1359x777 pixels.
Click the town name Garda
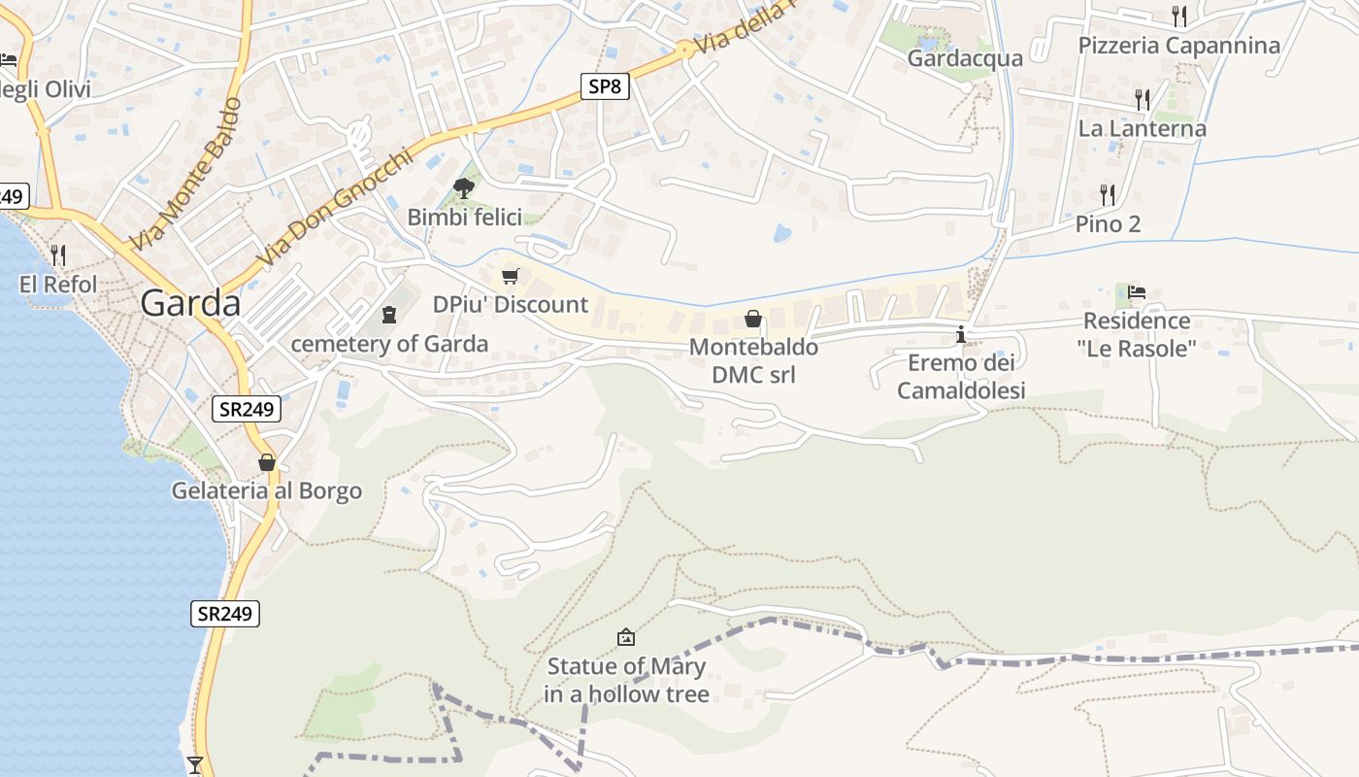pyautogui.click(x=190, y=303)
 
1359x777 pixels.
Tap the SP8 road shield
pyautogui.click(x=604, y=86)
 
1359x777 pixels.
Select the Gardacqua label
pyautogui.click(x=965, y=58)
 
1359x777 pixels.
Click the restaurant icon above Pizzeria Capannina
pyautogui.click(x=1179, y=16)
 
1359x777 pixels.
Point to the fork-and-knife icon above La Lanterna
pyautogui.click(x=1143, y=99)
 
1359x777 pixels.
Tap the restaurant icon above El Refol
pyautogui.click(x=58, y=255)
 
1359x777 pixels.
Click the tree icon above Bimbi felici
pyautogui.click(x=464, y=187)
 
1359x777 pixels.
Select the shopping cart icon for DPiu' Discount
pyautogui.click(x=511, y=276)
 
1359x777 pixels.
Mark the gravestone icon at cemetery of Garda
pyautogui.click(x=389, y=315)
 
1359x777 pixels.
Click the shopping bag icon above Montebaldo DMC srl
pyautogui.click(x=752, y=318)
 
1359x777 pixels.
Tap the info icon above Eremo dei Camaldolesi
pyautogui.click(x=961, y=335)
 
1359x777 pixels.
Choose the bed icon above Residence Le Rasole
pyautogui.click(x=1137, y=291)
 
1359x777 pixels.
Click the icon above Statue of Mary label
pyautogui.click(x=626, y=638)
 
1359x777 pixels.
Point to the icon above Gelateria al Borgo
pyautogui.click(x=267, y=462)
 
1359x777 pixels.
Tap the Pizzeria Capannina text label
pyautogui.click(x=1179, y=46)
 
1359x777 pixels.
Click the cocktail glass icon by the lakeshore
pyautogui.click(x=195, y=765)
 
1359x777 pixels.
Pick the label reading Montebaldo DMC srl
pyautogui.click(x=753, y=360)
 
